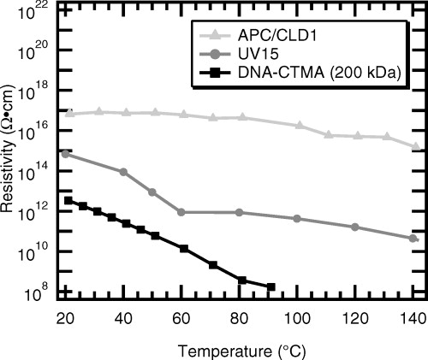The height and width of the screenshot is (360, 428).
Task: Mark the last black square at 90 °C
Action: click(271, 287)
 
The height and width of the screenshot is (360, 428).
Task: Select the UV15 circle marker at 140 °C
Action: click(413, 238)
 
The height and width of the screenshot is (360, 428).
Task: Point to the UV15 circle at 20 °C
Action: click(66, 154)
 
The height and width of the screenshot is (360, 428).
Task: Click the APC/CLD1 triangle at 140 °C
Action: click(415, 147)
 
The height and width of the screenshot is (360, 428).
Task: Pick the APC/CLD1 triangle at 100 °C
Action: click(299, 126)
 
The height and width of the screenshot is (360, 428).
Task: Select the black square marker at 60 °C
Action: click(184, 248)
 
